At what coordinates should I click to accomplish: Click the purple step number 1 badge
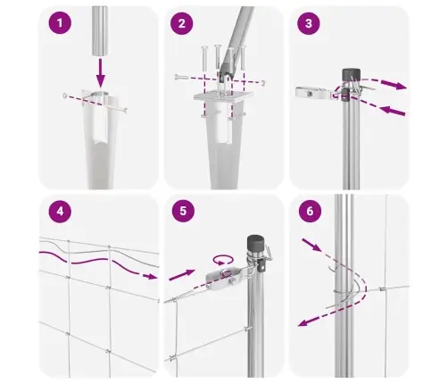(60, 23)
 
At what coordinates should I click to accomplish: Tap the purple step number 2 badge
(182, 23)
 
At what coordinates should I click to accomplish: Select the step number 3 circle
(309, 23)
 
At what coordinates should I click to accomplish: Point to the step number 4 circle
(60, 211)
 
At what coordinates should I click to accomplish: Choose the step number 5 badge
(183, 211)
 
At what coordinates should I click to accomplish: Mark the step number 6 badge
(310, 211)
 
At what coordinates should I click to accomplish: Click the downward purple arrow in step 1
(101, 73)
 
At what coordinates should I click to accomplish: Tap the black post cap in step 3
(351, 74)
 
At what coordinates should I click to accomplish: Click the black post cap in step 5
(256, 244)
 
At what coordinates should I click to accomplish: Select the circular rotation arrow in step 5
(222, 260)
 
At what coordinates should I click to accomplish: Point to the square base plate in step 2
(223, 96)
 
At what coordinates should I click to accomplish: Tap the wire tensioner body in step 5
(222, 278)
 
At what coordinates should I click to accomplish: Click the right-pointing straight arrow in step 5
(182, 275)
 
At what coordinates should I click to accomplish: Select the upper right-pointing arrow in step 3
(394, 84)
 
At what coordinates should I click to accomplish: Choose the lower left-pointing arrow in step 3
(393, 111)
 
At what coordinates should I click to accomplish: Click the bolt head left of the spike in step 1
(65, 96)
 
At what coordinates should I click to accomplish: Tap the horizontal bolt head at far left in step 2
(178, 77)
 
